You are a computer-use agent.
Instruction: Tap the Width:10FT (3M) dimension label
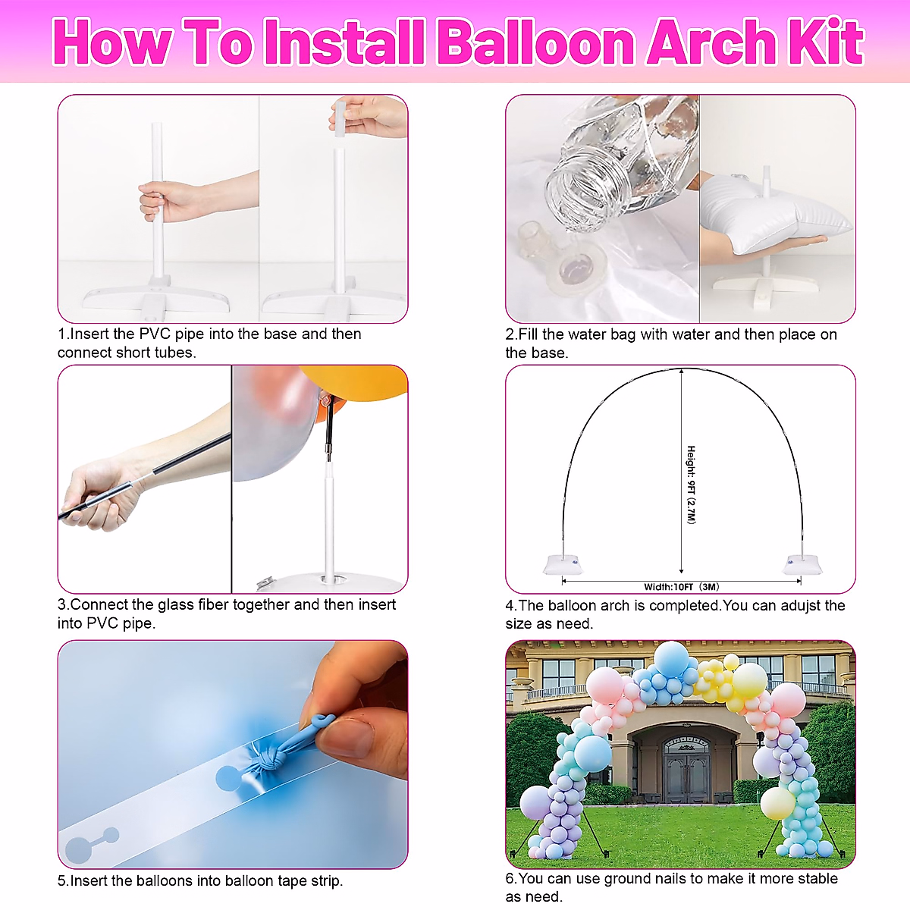681,586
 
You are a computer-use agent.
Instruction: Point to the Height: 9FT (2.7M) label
691,484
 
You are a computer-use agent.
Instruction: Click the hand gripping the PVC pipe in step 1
158,202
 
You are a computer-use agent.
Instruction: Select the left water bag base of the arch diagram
563,564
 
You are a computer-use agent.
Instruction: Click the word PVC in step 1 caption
155,334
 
